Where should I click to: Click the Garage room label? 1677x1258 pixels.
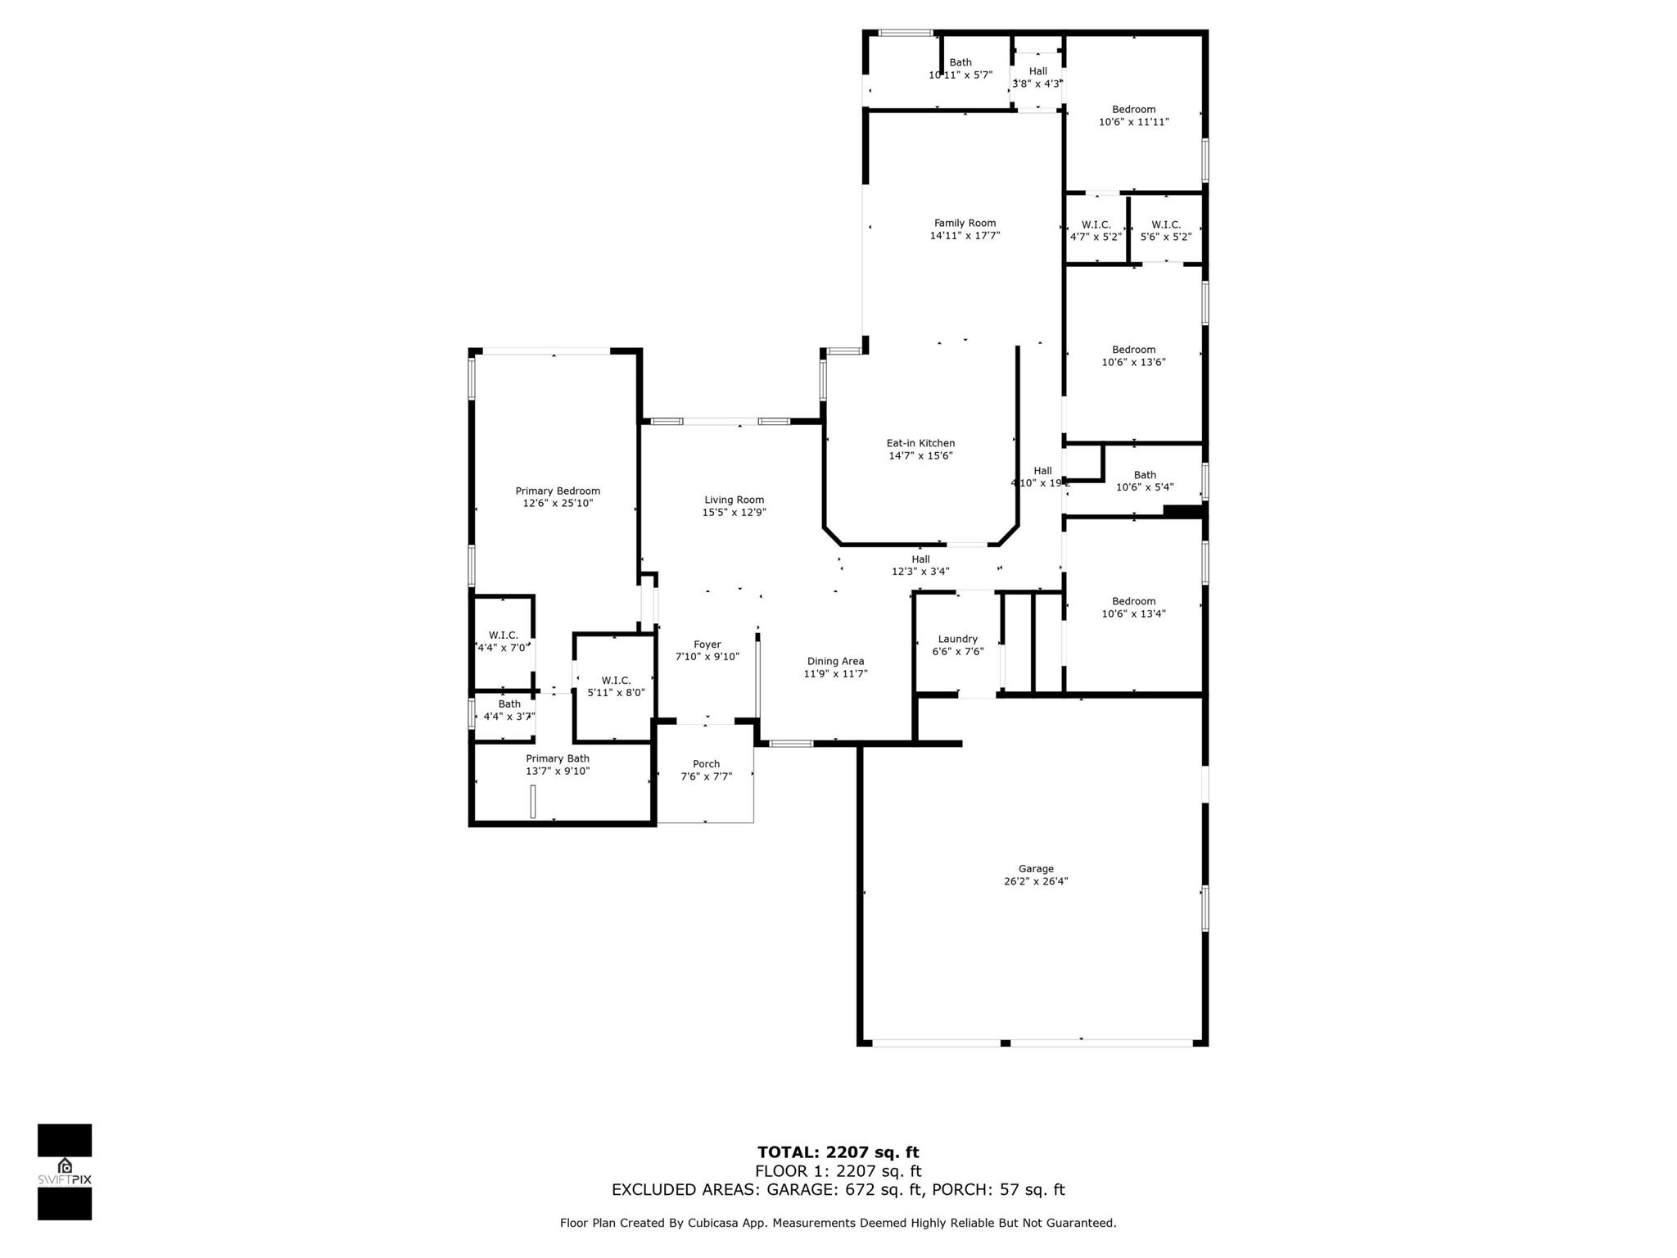pos(1036,869)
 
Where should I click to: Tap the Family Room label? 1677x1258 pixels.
pos(965,223)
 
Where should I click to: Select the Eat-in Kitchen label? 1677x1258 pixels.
pos(920,443)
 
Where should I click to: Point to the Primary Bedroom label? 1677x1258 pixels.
pos(558,491)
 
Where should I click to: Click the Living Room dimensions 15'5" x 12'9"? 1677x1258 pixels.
pos(734,513)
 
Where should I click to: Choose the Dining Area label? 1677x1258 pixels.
pos(835,662)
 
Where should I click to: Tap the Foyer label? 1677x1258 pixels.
pos(707,645)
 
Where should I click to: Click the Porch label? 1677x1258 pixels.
pos(706,764)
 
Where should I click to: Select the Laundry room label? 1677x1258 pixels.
pos(957,640)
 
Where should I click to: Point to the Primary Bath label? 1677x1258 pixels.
pos(558,758)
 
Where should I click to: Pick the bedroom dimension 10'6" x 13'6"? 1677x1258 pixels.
pos(1133,362)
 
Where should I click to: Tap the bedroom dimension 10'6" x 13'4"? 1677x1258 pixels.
pos(1133,613)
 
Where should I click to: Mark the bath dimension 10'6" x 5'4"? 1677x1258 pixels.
pos(1145,487)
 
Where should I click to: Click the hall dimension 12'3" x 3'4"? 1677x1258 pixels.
pos(920,572)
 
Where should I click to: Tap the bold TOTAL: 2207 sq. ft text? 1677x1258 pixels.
pos(838,1153)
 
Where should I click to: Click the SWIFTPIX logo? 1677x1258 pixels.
pos(65,1172)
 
